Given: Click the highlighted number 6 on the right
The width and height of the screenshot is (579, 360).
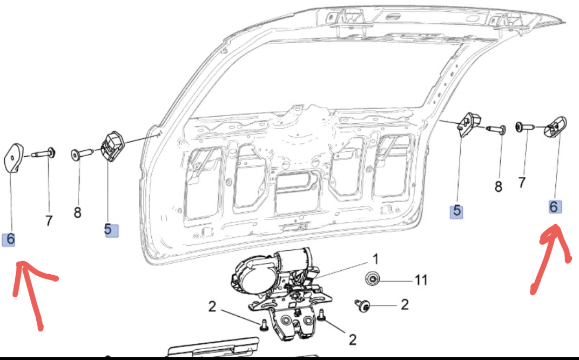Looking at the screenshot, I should click(x=555, y=206).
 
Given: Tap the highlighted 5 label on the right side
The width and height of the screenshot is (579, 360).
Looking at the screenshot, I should click(x=457, y=211).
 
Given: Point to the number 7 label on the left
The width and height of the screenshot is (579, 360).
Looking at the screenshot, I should click(x=49, y=220).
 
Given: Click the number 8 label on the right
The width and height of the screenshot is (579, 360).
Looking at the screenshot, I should click(x=498, y=187).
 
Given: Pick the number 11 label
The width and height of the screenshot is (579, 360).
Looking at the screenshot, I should click(x=421, y=280).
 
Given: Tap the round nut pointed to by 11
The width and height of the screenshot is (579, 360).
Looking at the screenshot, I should click(x=372, y=279).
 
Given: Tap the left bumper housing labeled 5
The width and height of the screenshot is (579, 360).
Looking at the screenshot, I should click(x=112, y=146).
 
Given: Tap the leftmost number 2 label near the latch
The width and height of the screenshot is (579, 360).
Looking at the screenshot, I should click(x=212, y=307).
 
